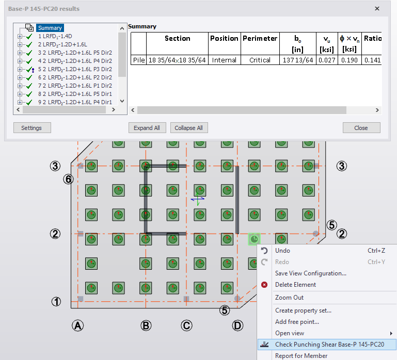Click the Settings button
coord(31,128)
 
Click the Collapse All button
coord(188,128)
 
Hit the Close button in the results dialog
coord(361,128)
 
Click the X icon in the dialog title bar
coord(377,9)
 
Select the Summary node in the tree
coord(50,28)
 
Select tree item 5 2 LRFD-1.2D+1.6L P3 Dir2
coord(75,69)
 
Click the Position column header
coord(225,38)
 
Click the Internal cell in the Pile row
coord(224,60)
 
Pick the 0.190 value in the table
coord(349,60)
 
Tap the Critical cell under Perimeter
coord(260,60)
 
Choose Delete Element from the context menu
coord(295,285)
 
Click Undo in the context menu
coord(282,251)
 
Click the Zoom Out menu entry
coord(289,298)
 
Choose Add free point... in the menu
coord(297,322)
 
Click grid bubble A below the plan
coord(77,325)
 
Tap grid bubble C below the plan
coord(186,325)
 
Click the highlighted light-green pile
coord(254,239)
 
